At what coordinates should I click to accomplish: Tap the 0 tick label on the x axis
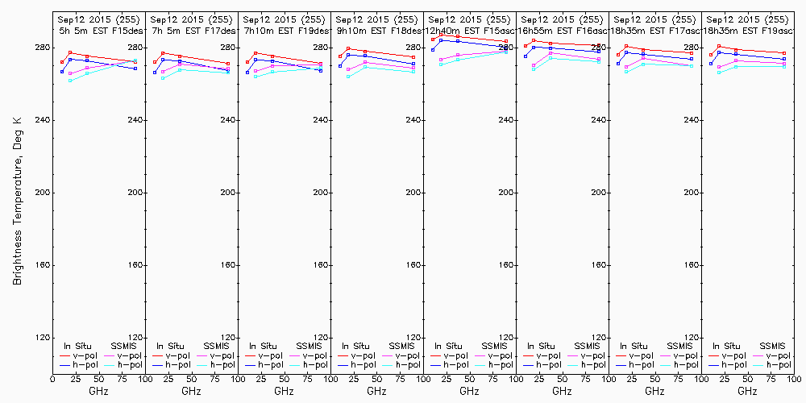(52, 378)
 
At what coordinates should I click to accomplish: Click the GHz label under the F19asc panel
(746, 391)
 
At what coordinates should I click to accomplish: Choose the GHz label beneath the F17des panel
(191, 391)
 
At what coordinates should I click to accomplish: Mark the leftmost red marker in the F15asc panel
(433, 39)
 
